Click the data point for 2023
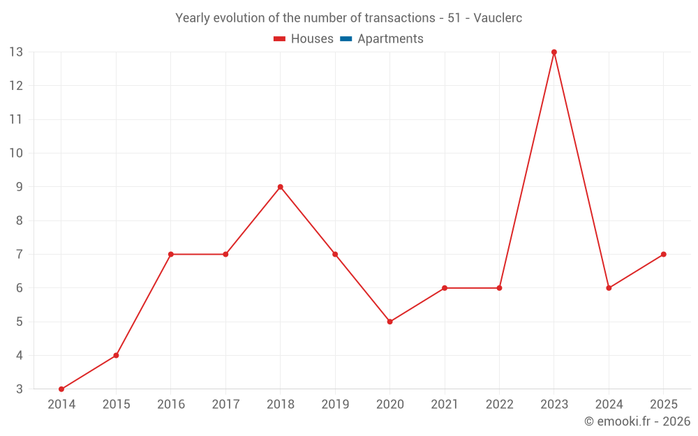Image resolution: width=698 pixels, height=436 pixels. pos(554,52)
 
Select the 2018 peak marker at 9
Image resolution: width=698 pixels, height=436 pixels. pos(280,187)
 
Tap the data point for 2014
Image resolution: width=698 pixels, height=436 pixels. pos(61,389)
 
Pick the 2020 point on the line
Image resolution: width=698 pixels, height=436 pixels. pos(389,322)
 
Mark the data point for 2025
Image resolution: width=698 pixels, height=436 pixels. pos(663,254)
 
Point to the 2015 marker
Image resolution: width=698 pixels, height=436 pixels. pos(116,356)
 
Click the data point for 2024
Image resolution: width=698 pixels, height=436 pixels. pos(609,288)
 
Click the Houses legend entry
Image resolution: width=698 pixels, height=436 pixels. pos(304,39)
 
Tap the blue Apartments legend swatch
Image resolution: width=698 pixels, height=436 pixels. pos(346,39)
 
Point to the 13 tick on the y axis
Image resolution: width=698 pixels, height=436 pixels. pos(16,52)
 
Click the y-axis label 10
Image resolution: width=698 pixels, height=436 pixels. pos(16,153)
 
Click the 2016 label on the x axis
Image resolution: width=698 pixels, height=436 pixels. pos(171,405)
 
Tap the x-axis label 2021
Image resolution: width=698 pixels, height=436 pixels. pos(445,405)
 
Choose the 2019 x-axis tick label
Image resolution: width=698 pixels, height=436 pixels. pos(335,405)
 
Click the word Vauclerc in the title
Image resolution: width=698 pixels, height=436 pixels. pos(498,18)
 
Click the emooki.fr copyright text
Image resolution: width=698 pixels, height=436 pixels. pos(637,421)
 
